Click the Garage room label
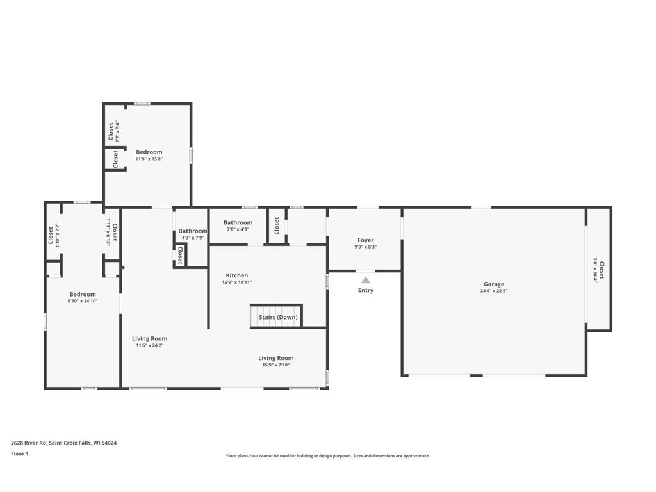494,284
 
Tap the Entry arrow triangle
365,280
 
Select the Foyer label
365,240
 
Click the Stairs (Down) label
278,317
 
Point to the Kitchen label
236,275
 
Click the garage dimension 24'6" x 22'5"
494,291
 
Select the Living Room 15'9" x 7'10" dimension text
276,365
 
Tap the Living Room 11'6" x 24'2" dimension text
150,345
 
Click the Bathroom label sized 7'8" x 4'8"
238,222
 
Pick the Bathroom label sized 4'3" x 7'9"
193,231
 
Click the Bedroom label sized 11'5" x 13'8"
149,152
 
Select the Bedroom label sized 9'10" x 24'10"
83,294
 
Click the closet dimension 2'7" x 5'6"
117,132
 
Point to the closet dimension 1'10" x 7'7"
57,235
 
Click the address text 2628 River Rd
63,443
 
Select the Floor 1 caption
20,454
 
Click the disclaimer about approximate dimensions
327,456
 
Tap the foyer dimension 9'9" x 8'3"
365,247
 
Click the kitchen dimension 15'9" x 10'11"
236,283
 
